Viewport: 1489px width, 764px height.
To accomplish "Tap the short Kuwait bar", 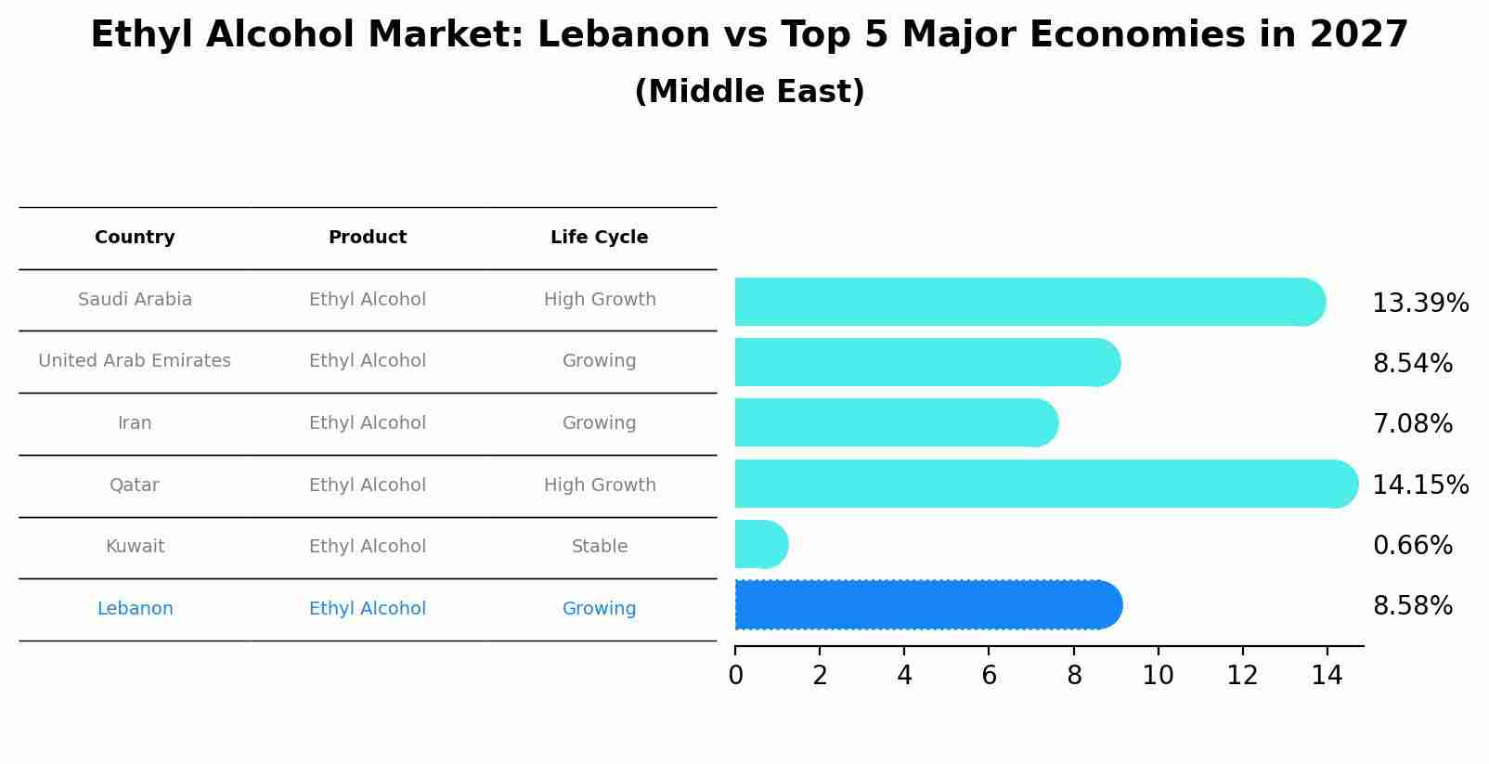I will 760,544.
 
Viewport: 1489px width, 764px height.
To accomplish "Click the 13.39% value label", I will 1419,304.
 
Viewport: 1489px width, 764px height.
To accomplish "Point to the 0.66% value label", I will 1412,546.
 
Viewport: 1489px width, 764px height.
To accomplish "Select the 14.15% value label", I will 1419,486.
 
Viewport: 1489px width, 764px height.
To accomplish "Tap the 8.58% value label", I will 1412,606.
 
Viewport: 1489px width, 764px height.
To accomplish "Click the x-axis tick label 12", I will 1242,676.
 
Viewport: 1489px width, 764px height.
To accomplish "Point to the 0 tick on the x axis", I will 735,676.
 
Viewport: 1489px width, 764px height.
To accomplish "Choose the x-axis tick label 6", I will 989,676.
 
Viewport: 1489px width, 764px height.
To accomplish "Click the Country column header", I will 135,238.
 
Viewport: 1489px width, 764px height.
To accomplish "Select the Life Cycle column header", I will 599,238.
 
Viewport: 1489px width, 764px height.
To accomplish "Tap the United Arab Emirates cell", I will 135,361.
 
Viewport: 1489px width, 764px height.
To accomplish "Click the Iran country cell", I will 135,423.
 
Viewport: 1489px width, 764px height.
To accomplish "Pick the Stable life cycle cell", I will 599,547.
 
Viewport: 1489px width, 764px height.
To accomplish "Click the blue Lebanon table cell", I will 135,609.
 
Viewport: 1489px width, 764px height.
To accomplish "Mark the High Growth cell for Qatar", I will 599,486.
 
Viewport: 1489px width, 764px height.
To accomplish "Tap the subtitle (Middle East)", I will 749,92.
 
